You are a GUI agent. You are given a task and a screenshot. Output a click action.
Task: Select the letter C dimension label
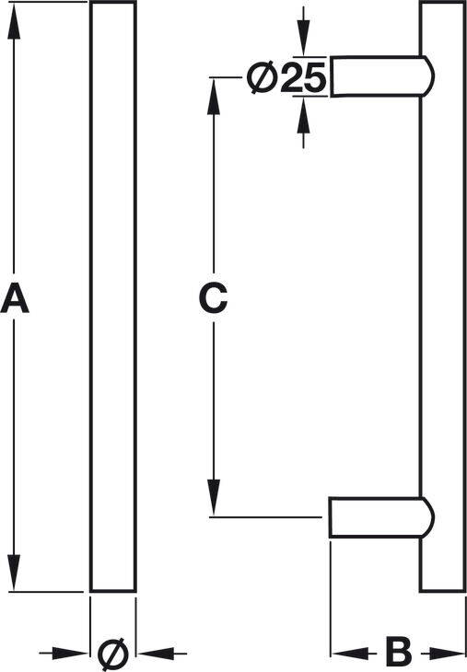pyautogui.click(x=213, y=297)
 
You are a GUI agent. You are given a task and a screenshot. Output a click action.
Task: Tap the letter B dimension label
pyautogui.click(x=399, y=653)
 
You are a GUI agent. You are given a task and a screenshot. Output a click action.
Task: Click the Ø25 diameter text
pyautogui.click(x=286, y=77)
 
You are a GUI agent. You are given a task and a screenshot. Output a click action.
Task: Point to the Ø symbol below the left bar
pyautogui.click(x=113, y=654)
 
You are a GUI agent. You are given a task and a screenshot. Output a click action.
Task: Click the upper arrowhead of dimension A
pyautogui.click(x=14, y=21)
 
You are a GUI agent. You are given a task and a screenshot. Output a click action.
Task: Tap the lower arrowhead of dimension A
pyautogui.click(x=14, y=573)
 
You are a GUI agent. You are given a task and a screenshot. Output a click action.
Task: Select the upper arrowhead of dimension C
pyautogui.click(x=214, y=97)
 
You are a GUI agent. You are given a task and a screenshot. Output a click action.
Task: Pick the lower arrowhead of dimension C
pyautogui.click(x=214, y=497)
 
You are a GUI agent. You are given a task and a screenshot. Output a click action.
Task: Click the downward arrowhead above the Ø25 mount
pyautogui.click(x=304, y=38)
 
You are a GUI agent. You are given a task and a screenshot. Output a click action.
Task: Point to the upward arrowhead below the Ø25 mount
pyautogui.click(x=304, y=115)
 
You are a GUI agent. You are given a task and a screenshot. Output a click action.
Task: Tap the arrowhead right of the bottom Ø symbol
pyautogui.click(x=156, y=654)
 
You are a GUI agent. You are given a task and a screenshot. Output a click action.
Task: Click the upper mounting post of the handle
pyautogui.click(x=381, y=76)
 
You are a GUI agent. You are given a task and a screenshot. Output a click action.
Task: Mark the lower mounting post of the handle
pyautogui.click(x=381, y=517)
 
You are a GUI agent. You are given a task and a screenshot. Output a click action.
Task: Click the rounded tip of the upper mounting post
pyautogui.click(x=431, y=76)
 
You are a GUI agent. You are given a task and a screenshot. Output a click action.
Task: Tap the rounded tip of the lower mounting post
pyautogui.click(x=431, y=517)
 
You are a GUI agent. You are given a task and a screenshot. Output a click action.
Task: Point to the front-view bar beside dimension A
pyautogui.click(x=113, y=296)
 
